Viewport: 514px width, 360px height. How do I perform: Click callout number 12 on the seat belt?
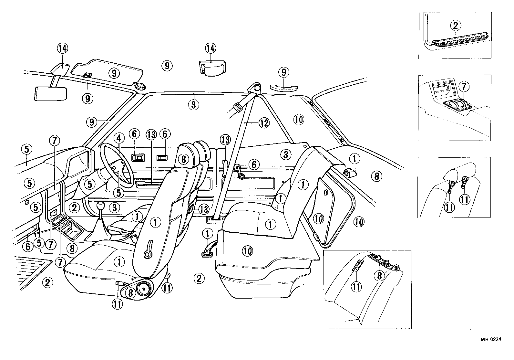click(264, 123)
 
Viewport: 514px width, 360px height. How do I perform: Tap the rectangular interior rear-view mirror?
click(50, 93)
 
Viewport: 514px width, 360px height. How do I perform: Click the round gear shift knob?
click(102, 206)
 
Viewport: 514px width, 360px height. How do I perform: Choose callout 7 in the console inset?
click(464, 87)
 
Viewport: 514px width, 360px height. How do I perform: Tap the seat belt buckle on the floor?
click(207, 251)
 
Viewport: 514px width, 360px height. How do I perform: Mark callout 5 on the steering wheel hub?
click(119, 193)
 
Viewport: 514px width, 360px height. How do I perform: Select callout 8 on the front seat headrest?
click(183, 159)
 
